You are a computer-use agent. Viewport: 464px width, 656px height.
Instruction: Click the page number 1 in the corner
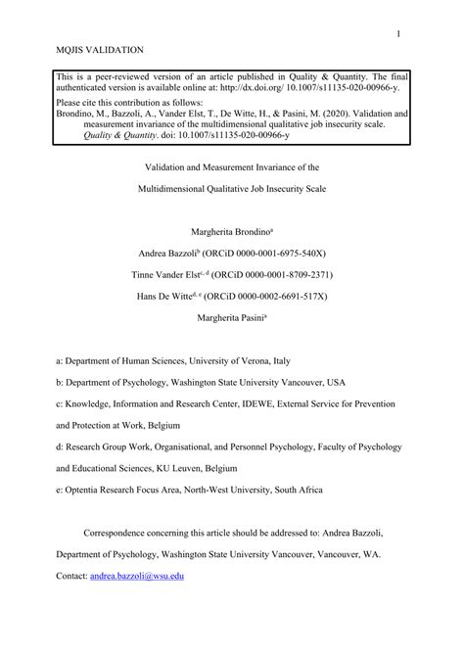[x=399, y=34]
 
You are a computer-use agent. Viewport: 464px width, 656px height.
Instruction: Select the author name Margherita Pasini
[x=231, y=315]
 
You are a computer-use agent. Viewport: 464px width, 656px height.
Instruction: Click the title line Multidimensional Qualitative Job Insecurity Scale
[x=231, y=186]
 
